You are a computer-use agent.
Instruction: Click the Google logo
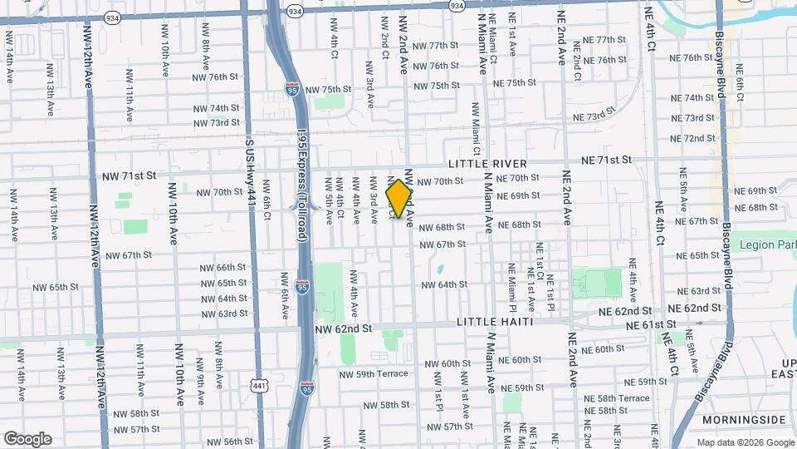click(x=27, y=439)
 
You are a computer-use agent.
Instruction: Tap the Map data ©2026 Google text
click(x=744, y=442)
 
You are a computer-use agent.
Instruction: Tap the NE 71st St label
click(x=606, y=159)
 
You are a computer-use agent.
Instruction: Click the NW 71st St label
click(x=129, y=176)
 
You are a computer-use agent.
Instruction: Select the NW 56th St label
click(x=232, y=442)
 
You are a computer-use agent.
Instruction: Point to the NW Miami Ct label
click(x=476, y=129)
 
